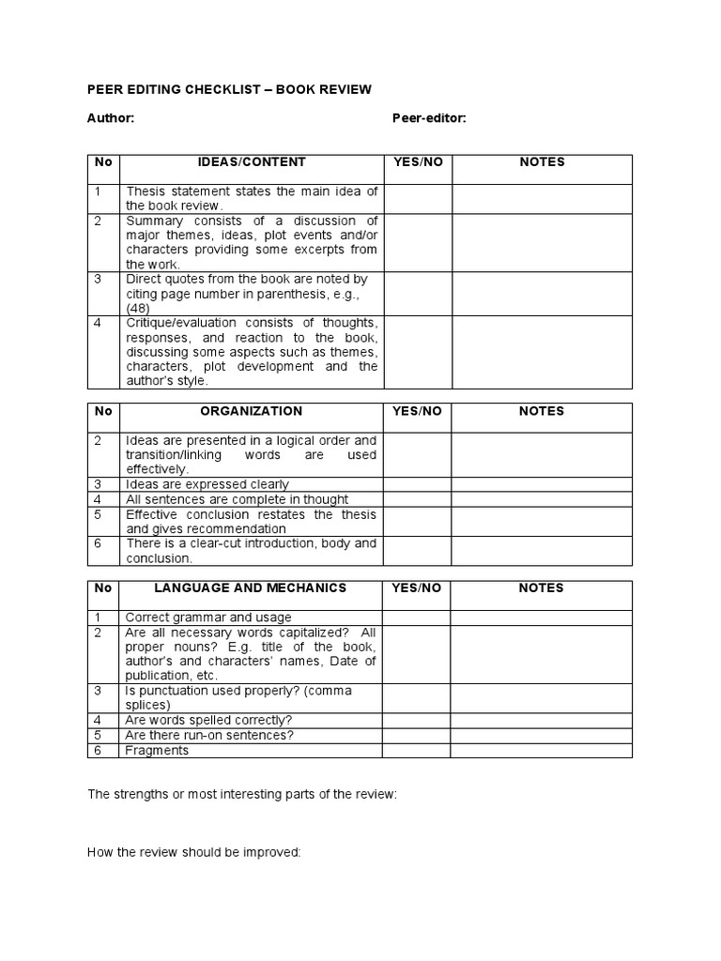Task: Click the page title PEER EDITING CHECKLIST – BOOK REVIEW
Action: click(229, 90)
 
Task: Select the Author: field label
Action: click(111, 118)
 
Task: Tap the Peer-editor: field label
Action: click(429, 118)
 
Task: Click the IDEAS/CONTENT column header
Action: click(251, 162)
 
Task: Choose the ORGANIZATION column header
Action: click(251, 411)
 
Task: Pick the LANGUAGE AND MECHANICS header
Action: click(251, 588)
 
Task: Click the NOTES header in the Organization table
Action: click(542, 411)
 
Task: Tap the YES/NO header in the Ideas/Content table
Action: click(418, 162)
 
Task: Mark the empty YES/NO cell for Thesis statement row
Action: click(418, 199)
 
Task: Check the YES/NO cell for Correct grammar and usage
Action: click(418, 618)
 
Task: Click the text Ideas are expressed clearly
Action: click(207, 484)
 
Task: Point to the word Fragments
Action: click(157, 751)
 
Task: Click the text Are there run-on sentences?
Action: click(209, 736)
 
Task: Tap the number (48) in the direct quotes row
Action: click(138, 308)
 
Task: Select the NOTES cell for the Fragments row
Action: click(542, 751)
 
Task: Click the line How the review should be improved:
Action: click(193, 852)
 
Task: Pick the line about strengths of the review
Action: click(242, 794)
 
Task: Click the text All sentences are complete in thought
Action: click(237, 499)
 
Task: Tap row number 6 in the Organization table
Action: click(97, 543)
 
